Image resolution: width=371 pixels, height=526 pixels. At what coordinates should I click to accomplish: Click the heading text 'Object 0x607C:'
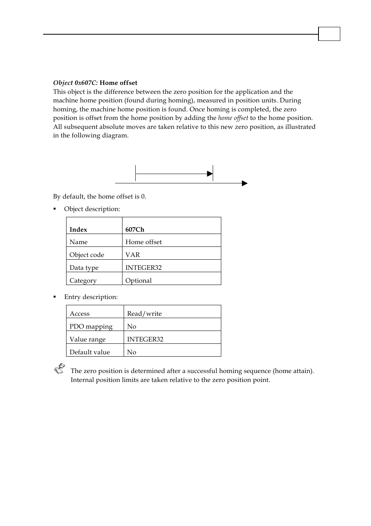[75, 83]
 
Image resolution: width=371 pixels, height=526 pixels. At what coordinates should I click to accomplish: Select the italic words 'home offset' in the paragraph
[233, 118]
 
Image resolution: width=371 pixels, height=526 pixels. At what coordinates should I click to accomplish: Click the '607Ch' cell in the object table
[135, 229]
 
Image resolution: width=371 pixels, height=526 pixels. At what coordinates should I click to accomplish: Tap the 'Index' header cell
[78, 229]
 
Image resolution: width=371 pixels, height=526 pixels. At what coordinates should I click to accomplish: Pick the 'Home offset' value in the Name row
[143, 242]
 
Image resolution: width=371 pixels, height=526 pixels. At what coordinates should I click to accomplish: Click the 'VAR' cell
[132, 255]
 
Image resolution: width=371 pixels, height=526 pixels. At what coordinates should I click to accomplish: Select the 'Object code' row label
[87, 255]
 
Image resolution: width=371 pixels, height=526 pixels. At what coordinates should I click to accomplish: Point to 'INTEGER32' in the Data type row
[143, 267]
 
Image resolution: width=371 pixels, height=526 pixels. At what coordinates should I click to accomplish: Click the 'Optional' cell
[138, 280]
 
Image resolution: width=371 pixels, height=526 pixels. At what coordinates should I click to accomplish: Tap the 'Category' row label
[83, 280]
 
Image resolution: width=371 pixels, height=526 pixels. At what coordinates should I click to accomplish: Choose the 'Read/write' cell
[144, 313]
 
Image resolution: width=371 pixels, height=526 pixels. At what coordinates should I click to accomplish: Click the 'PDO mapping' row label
[91, 326]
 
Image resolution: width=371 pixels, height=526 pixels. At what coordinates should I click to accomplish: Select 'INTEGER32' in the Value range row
[145, 339]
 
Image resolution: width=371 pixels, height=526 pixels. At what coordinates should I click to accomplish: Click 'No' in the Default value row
[131, 352]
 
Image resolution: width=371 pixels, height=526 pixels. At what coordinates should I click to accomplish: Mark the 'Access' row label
[79, 313]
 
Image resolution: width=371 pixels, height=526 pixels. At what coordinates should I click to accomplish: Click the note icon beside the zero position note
[59, 369]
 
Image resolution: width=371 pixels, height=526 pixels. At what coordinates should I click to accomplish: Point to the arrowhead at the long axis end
[245, 183]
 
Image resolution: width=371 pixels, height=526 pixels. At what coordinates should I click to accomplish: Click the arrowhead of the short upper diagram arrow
[210, 174]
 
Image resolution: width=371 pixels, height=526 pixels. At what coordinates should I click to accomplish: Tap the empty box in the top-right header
[329, 34]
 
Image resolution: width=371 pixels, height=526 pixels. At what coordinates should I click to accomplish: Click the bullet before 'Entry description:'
[55, 297]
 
